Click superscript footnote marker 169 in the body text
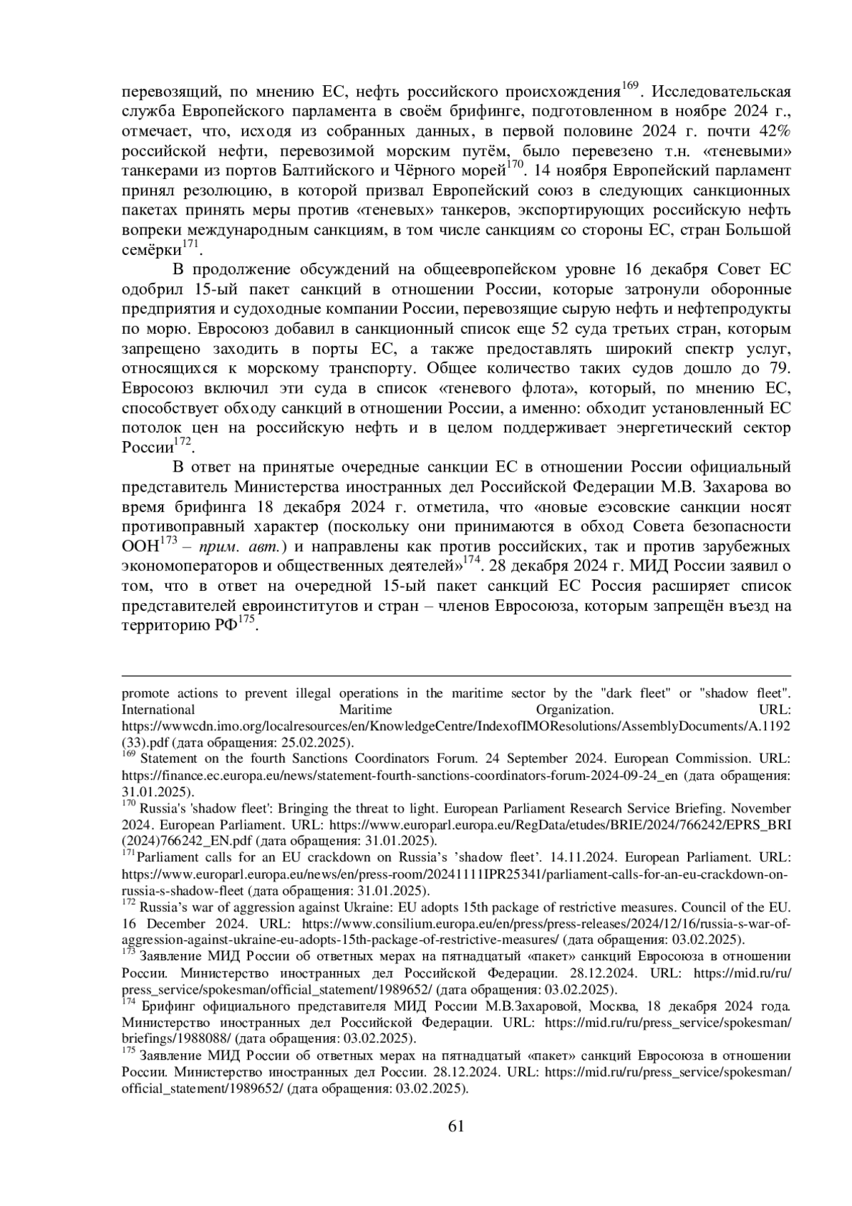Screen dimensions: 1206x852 (x=630, y=87)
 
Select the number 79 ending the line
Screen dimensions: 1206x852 (x=778, y=369)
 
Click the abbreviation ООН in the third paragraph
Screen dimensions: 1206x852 (x=141, y=548)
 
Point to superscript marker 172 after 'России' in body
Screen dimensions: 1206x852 (x=183, y=442)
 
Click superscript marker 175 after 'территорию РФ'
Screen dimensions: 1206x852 (x=246, y=620)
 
